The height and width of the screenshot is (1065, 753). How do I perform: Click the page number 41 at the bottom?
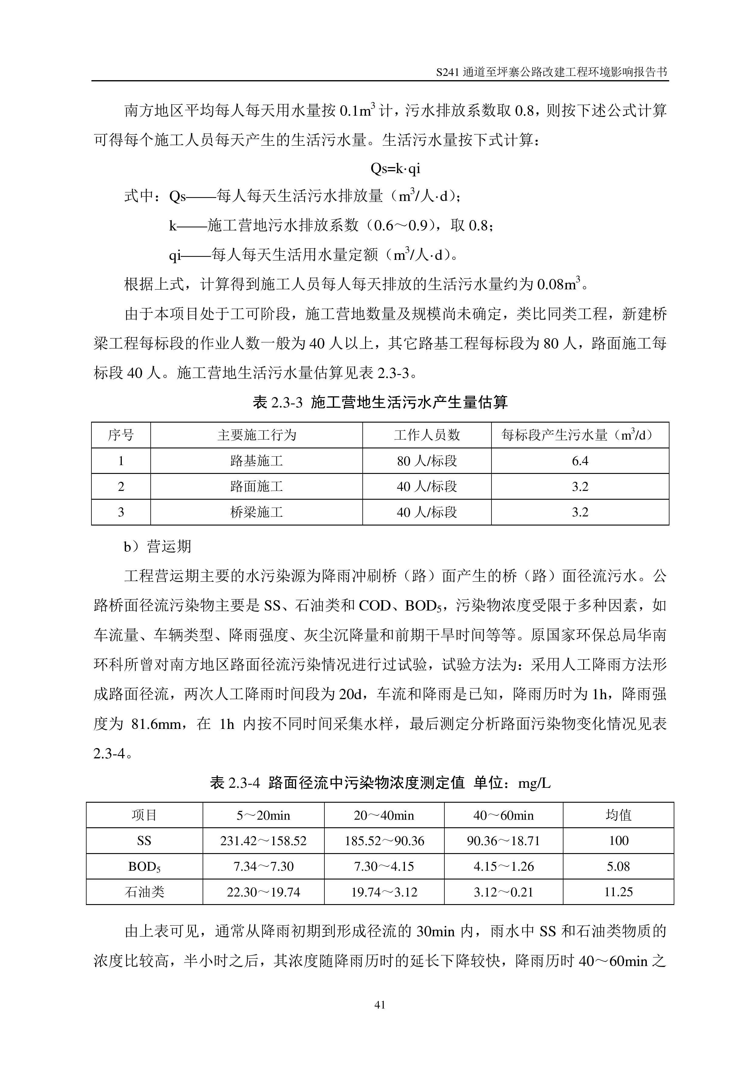click(379, 1005)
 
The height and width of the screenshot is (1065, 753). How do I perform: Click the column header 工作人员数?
click(426, 435)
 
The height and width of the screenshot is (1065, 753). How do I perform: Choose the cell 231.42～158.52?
click(263, 841)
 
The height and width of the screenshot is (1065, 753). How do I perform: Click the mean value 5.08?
click(618, 866)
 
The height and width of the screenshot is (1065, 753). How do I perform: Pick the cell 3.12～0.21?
click(503, 892)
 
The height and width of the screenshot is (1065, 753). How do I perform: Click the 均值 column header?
click(618, 815)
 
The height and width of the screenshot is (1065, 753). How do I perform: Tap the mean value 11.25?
click(618, 892)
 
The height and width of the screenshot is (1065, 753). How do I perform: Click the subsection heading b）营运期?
click(157, 546)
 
